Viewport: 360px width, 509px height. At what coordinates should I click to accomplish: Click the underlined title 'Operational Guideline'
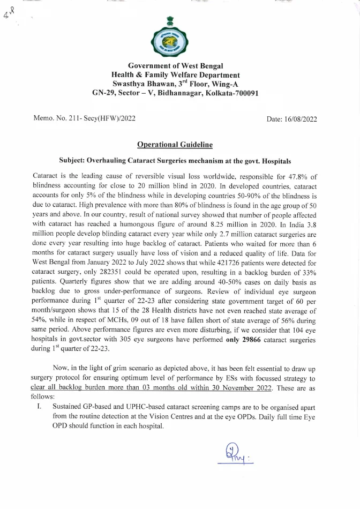[175, 145]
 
